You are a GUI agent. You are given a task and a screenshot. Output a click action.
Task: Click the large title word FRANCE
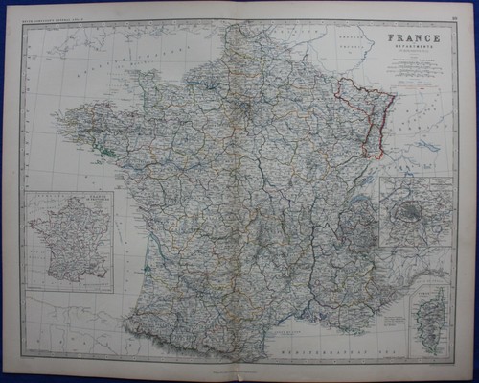(x=415, y=38)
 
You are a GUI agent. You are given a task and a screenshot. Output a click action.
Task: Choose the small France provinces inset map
(x=70, y=240)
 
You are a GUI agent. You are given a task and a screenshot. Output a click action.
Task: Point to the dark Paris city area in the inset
(x=414, y=207)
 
